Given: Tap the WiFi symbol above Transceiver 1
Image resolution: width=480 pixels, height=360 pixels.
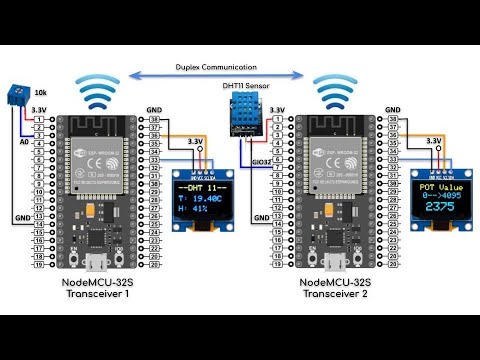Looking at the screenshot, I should pyautogui.click(x=97, y=92).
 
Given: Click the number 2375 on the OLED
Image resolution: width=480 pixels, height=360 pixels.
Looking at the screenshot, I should pyautogui.click(x=439, y=207).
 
